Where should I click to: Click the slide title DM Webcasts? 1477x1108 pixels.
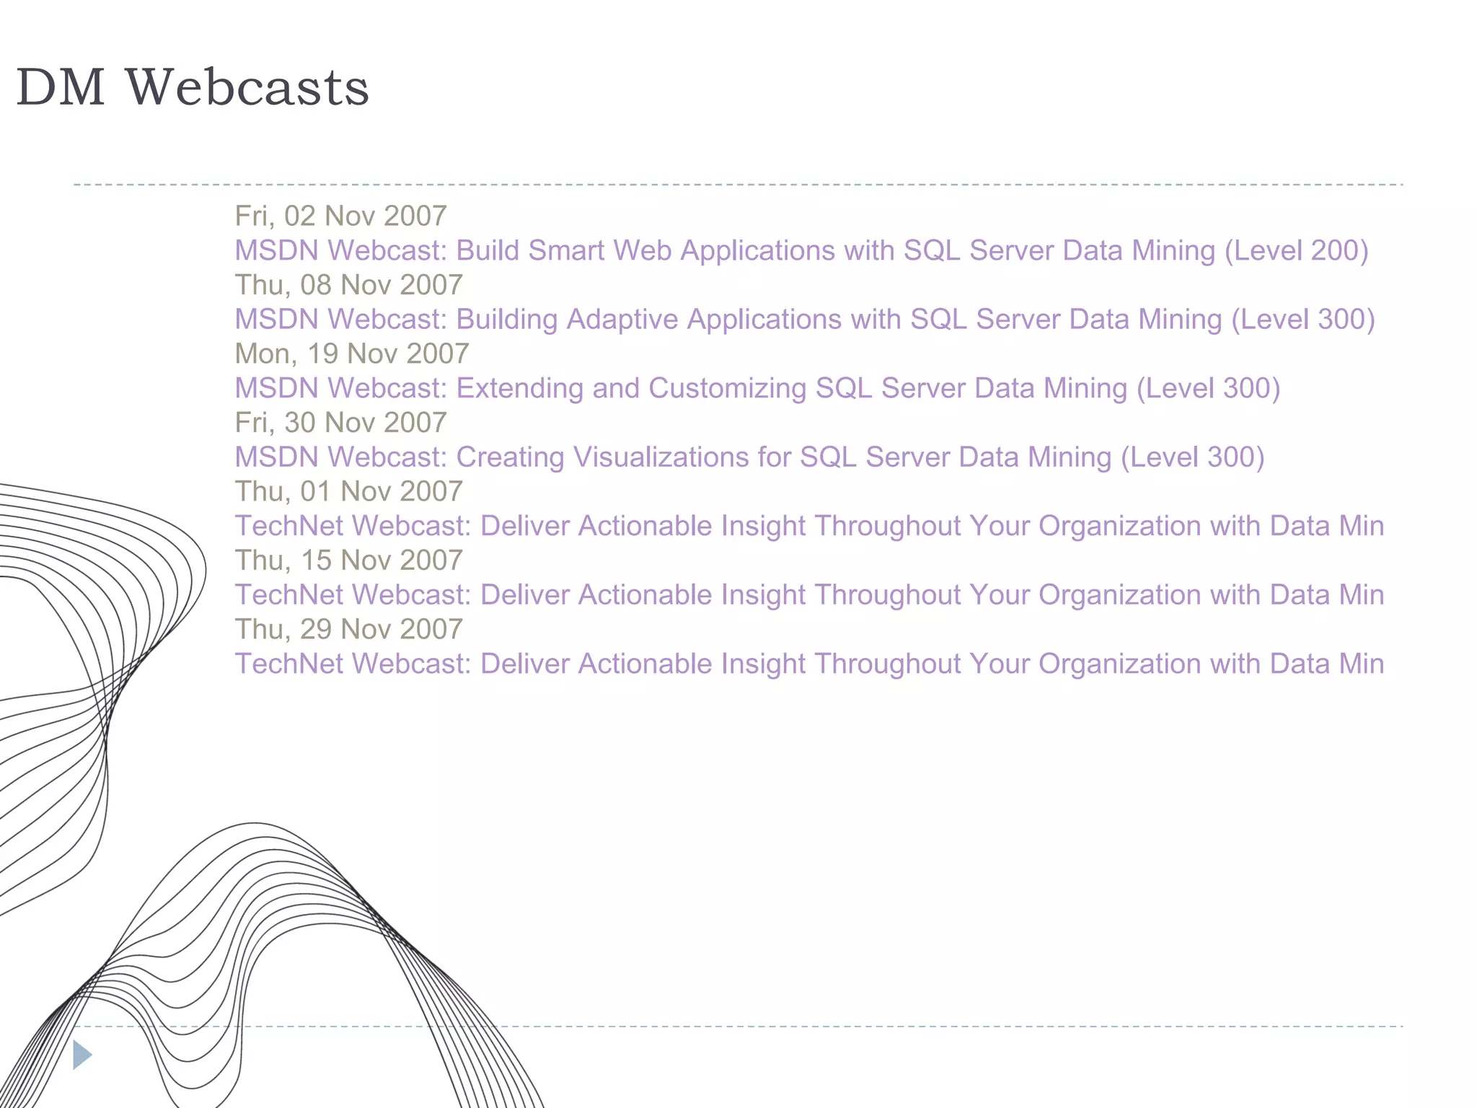192,87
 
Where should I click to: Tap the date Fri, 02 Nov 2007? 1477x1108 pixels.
340,216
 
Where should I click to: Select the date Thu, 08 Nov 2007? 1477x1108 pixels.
348,285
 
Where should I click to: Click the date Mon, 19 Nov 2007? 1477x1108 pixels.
352,353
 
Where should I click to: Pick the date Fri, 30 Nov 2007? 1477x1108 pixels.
340,423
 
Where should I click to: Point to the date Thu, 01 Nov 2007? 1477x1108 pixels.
348,491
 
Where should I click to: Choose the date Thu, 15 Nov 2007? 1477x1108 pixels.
348,560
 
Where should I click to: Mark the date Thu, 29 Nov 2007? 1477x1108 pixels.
348,629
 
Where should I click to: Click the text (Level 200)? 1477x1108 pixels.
1296,250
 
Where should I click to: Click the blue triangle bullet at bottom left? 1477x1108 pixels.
81,1055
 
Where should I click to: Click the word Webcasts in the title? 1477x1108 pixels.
247,87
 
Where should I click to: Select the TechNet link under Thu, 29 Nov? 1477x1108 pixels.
808,664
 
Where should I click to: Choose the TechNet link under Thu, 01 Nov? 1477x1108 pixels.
808,526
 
